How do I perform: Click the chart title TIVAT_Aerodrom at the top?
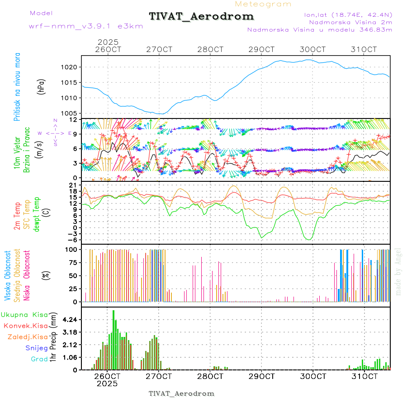click(201, 16)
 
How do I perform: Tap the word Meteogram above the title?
click(264, 4)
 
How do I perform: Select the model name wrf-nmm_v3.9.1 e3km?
click(86, 26)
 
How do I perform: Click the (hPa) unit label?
click(42, 86)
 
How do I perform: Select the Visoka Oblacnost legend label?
click(8, 276)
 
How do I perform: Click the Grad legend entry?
click(39, 359)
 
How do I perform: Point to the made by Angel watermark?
click(398, 271)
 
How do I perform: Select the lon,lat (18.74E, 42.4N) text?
click(342, 15)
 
